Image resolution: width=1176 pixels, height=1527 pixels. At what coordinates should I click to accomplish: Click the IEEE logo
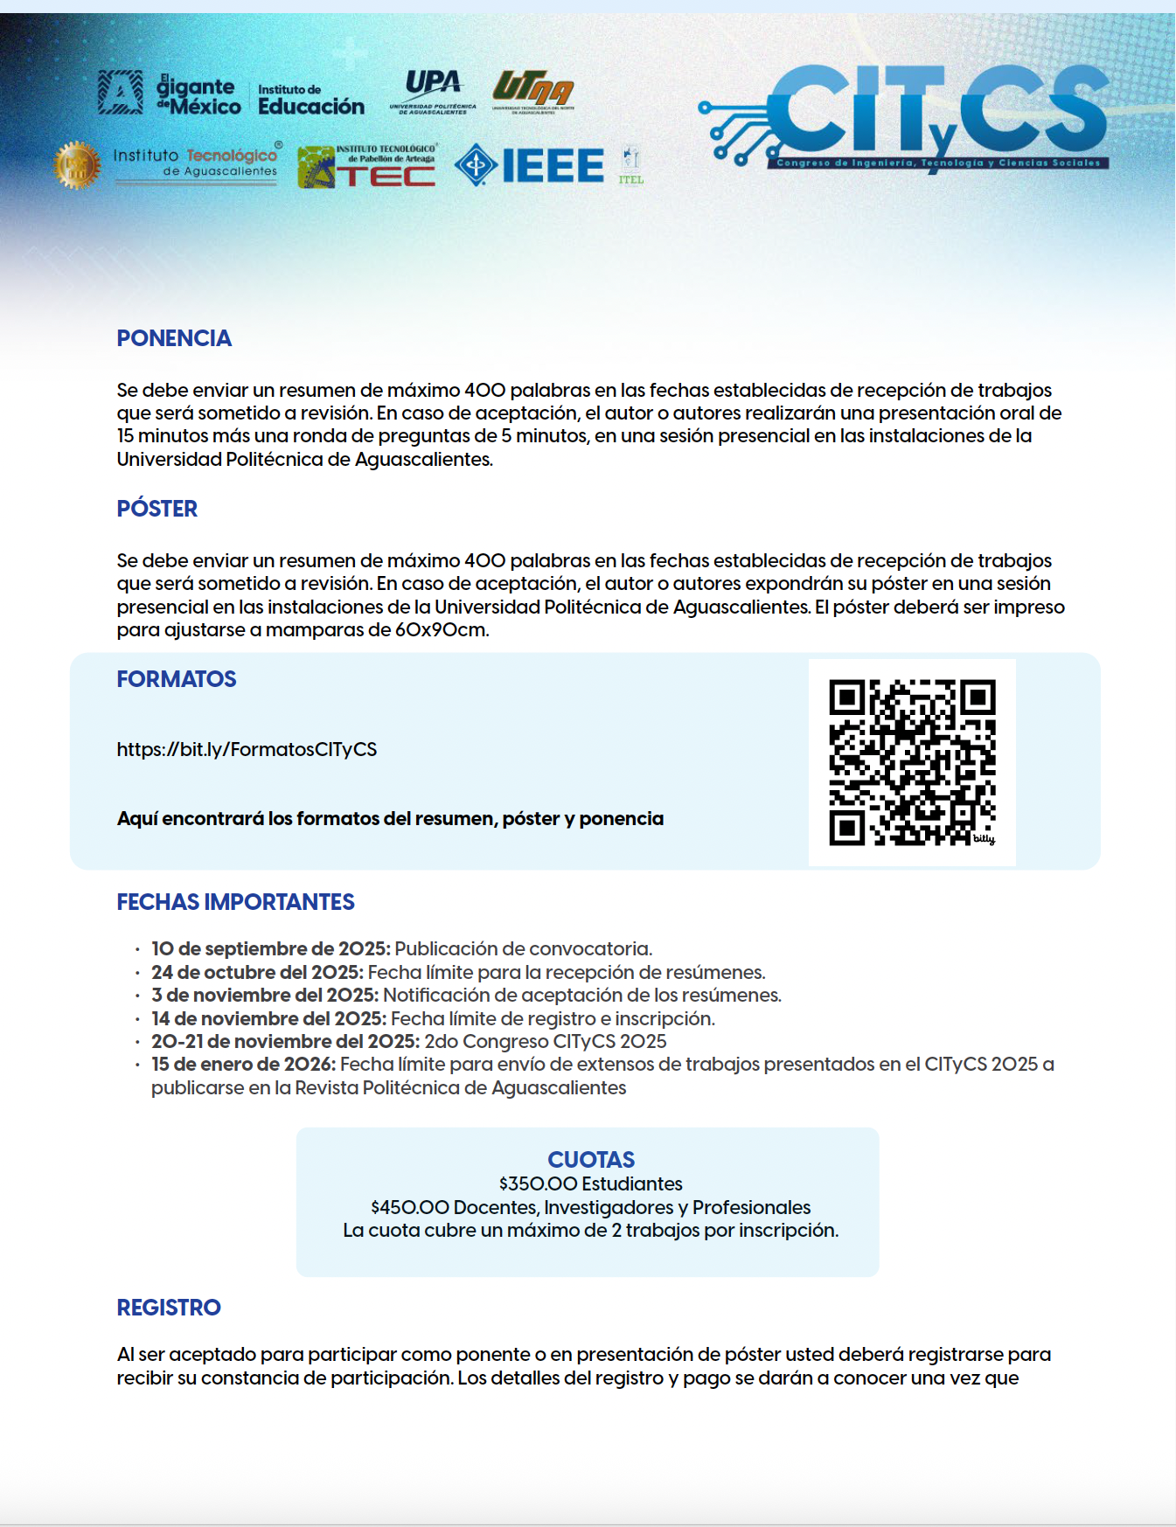[530, 165]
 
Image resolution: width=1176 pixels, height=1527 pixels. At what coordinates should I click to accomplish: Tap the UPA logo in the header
[433, 91]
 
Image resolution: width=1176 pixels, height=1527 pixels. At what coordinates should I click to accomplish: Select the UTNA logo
[533, 91]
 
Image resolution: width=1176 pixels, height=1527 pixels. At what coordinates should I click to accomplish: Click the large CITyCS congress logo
[909, 115]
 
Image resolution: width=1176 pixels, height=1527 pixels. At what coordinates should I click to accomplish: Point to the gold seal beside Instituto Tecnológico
[76, 164]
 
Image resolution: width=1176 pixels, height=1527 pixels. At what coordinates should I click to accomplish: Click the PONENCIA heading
[174, 338]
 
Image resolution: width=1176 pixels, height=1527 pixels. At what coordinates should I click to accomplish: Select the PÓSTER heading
[157, 509]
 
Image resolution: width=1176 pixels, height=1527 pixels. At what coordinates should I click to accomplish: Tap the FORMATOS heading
[177, 679]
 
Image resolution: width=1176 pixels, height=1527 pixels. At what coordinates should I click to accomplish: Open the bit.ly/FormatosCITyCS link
[247, 749]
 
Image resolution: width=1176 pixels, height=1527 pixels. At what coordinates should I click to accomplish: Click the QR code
[912, 762]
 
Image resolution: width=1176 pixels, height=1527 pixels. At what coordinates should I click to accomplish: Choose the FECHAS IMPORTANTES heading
[235, 902]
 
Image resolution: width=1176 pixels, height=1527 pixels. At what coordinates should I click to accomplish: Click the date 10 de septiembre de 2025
[271, 949]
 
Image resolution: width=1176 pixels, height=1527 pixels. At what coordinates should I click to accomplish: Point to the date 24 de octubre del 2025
[257, 972]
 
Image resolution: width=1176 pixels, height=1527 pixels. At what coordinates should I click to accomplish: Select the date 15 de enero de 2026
[243, 1065]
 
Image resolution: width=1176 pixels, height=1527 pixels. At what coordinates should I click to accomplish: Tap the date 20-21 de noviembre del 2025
[285, 1041]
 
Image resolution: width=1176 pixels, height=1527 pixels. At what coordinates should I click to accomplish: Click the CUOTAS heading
[591, 1160]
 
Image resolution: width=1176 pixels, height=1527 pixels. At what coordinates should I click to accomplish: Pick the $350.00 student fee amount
[538, 1183]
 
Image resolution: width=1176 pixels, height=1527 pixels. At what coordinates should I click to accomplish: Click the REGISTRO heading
[169, 1308]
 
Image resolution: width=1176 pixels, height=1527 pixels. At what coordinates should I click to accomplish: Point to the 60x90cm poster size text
[440, 629]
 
